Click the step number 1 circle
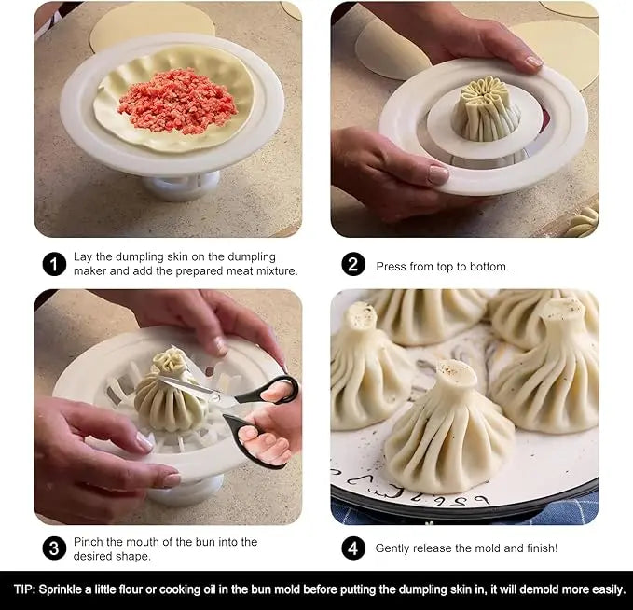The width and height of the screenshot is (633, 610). click(54, 264)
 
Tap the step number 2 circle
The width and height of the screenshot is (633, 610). click(352, 264)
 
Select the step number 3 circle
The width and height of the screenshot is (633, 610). click(54, 548)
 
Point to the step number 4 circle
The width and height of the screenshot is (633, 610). click(352, 548)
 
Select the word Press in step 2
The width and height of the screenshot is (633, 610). click(392, 267)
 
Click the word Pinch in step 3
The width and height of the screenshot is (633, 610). click(95, 542)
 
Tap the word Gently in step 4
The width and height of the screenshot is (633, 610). click(395, 548)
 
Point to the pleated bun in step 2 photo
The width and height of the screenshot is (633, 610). click(486, 112)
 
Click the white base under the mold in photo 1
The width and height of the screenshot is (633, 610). click(181, 187)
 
